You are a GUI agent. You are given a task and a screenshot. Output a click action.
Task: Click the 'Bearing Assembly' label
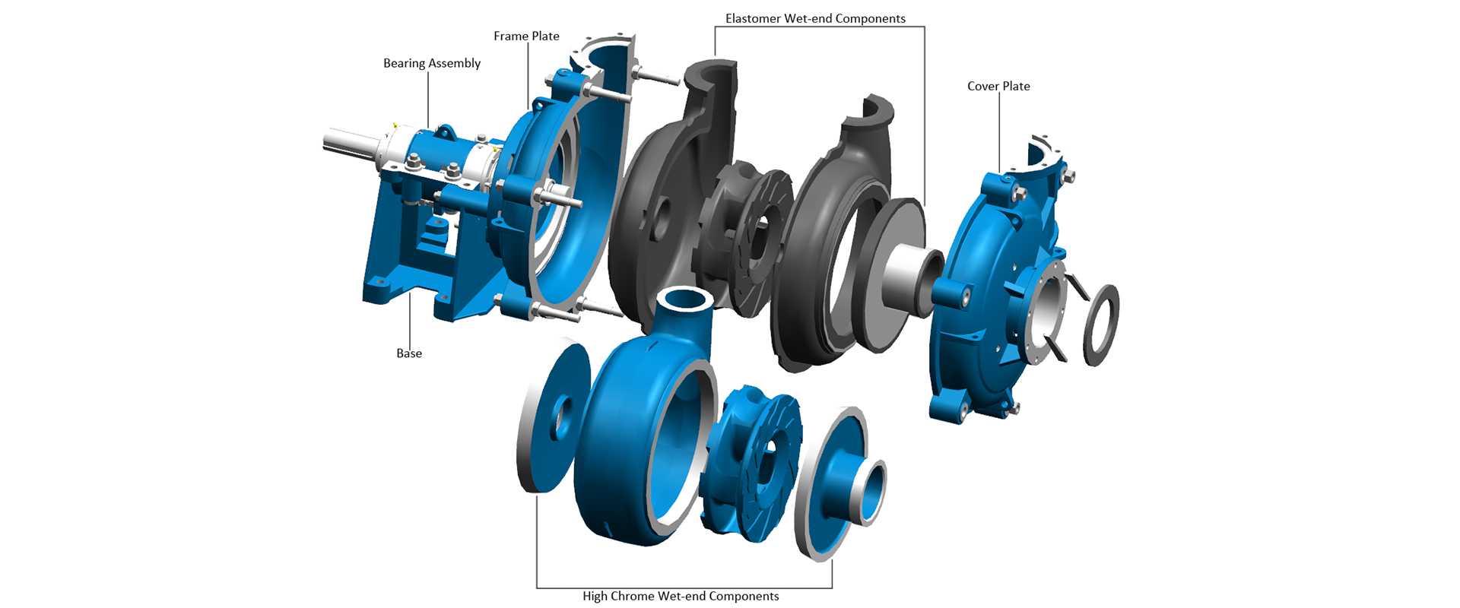[432, 63]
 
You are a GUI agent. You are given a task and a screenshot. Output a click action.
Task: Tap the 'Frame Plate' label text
[526, 36]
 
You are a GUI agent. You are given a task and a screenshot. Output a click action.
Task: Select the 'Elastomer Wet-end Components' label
[815, 18]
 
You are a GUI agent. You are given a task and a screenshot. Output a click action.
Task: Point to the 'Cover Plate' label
[998, 86]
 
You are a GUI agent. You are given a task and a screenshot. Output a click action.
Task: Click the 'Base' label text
[409, 353]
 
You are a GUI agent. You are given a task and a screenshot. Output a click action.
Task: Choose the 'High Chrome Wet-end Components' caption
[681, 596]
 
